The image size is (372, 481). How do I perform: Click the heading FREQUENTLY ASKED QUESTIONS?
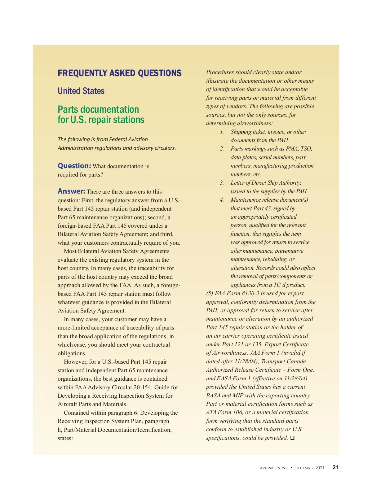coord(119,73)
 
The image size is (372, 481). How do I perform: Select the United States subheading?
coord(81,91)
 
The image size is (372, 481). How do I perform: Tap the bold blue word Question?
coord(74,166)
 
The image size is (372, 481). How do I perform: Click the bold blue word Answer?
coord(71,191)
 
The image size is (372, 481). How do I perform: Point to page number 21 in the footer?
coord(335,467)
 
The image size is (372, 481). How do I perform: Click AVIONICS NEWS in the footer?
coord(273,468)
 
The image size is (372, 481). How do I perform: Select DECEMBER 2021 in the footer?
coord(310,468)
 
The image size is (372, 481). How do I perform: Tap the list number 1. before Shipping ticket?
coord(222,132)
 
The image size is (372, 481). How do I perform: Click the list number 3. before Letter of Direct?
coord(222,183)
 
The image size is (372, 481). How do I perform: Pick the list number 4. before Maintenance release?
coord(222,200)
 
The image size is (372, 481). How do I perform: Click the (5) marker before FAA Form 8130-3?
coord(210,293)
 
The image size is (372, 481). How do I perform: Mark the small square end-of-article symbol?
coord(292,438)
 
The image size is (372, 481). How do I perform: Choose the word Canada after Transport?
coord(296,361)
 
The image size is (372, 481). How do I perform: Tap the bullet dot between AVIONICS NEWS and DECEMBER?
coord(291,468)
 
